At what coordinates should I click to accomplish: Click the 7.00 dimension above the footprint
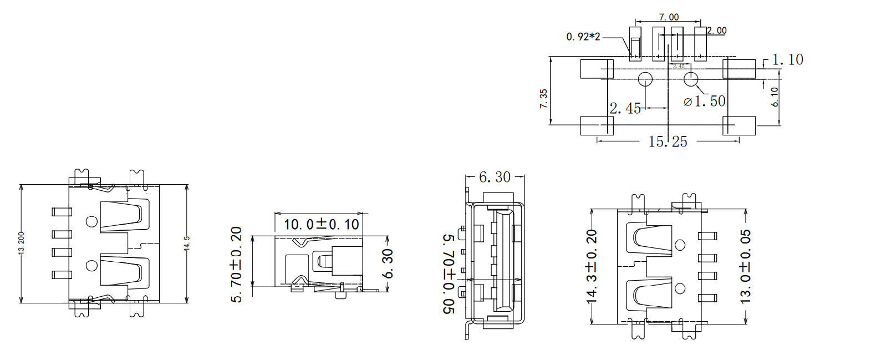[669, 17]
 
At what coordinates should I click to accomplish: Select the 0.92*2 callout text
[583, 37]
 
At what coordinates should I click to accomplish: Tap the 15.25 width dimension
[668, 142]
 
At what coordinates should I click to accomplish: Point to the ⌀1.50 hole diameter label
[704, 102]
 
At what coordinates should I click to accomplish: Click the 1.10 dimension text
[787, 59]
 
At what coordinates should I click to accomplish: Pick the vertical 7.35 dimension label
[543, 98]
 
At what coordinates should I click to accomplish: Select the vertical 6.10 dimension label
[775, 97]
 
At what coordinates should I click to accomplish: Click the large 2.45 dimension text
[625, 108]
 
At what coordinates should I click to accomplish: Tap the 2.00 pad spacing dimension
[717, 31]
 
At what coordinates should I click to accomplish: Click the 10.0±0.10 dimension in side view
[321, 224]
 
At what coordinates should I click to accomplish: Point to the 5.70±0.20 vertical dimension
[237, 264]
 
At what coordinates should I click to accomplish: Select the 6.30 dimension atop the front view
[495, 177]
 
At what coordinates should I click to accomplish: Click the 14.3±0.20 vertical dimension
[592, 266]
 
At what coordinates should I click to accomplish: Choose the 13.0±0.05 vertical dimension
[746, 266]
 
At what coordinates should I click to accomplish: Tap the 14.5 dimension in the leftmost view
[187, 243]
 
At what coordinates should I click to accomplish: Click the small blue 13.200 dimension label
[21, 242]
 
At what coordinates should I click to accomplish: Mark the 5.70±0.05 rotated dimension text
[449, 273]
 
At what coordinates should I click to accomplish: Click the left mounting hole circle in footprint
[645, 79]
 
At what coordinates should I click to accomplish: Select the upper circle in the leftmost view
[92, 222]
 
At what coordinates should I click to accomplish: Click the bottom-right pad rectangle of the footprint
[739, 126]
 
